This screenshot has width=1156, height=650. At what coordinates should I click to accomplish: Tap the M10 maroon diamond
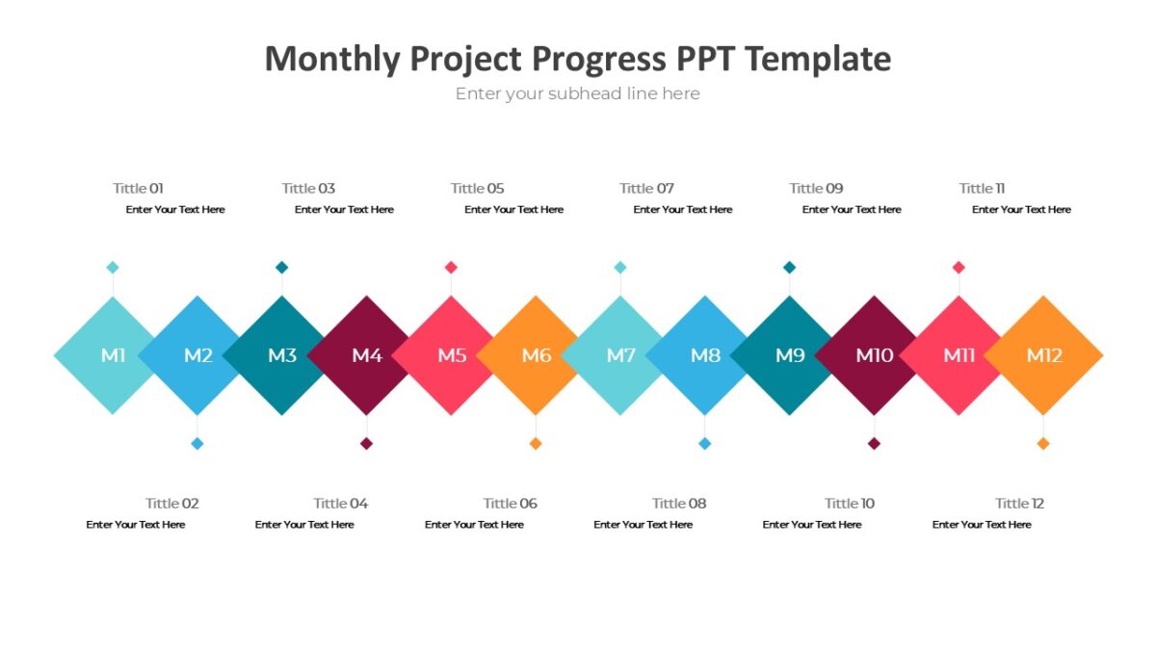pos(874,355)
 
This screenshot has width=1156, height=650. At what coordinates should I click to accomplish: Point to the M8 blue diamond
pos(705,355)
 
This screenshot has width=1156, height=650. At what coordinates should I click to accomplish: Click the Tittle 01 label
pos(138,189)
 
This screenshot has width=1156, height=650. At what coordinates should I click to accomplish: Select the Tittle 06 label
pos(510,504)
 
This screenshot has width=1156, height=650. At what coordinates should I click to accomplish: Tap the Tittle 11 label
pos(982,189)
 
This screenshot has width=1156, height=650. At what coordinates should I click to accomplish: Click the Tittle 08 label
pos(679,504)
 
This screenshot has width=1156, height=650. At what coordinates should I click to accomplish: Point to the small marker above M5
pos(451,268)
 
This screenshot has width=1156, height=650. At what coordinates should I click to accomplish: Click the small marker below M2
pos(197,444)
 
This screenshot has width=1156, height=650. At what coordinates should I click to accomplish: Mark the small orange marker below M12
pos(1043,444)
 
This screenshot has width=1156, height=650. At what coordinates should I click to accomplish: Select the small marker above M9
pos(790,268)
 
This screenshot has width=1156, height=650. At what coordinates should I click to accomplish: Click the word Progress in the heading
pos(598,59)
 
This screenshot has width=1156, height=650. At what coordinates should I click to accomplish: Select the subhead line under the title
pos(577,94)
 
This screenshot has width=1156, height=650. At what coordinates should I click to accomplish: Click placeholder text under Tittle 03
pos(344,210)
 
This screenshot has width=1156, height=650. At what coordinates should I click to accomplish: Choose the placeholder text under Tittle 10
pos(812,525)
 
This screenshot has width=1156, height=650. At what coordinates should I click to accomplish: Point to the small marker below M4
pos(366,444)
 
